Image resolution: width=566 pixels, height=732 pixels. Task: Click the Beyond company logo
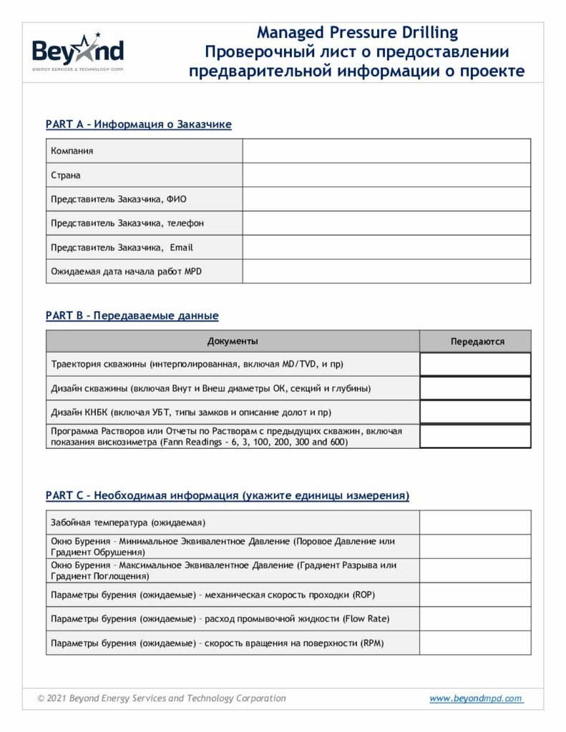pyautogui.click(x=78, y=51)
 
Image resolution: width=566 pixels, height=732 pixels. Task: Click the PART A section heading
pyautogui.click(x=138, y=124)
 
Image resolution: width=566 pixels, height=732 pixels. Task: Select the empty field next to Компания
pyautogui.click(x=386, y=151)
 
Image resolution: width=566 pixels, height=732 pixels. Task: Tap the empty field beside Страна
pyautogui.click(x=386, y=175)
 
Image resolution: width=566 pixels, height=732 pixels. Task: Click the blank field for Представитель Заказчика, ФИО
pyautogui.click(x=386, y=199)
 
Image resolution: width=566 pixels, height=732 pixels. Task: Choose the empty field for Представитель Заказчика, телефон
pyautogui.click(x=386, y=223)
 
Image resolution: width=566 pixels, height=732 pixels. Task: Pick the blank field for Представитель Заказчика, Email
pyautogui.click(x=386, y=247)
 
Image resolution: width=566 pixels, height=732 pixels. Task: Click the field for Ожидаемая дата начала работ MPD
pyautogui.click(x=386, y=272)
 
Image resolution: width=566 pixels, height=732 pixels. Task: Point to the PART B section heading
pyautogui.click(x=132, y=315)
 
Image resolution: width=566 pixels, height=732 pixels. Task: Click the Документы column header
pyautogui.click(x=233, y=341)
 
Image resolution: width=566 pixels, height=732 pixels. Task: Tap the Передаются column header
pyautogui.click(x=477, y=342)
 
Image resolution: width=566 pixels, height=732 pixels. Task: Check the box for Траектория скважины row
pyautogui.click(x=475, y=365)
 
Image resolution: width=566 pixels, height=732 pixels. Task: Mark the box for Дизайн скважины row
pyautogui.click(x=475, y=388)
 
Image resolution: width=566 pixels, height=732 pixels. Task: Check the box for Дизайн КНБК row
pyautogui.click(x=475, y=412)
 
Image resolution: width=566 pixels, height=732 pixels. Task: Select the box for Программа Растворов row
pyautogui.click(x=475, y=437)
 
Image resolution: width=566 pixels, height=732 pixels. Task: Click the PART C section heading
pyautogui.click(x=227, y=495)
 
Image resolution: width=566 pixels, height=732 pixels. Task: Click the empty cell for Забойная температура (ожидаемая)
pyautogui.click(x=475, y=523)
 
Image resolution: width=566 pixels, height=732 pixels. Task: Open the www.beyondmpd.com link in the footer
pyautogui.click(x=476, y=698)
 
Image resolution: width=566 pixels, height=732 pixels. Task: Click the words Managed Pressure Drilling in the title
pyautogui.click(x=357, y=32)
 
